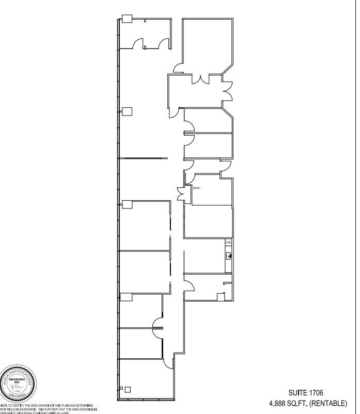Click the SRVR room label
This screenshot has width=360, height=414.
tap(196, 188)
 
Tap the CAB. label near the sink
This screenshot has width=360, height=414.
tap(228, 242)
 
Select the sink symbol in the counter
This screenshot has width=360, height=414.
tap(228, 254)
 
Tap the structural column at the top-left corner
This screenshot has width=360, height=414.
tap(127, 19)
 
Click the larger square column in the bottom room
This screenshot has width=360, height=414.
tap(128, 390)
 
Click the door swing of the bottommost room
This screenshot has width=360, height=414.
tap(168, 363)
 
